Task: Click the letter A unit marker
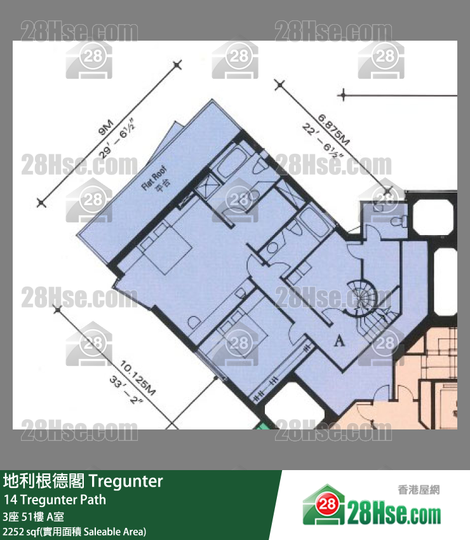339,342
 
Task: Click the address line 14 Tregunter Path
55,499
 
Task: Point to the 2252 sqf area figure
19,531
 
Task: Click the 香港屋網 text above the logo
419,490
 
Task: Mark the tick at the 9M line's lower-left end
42,203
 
